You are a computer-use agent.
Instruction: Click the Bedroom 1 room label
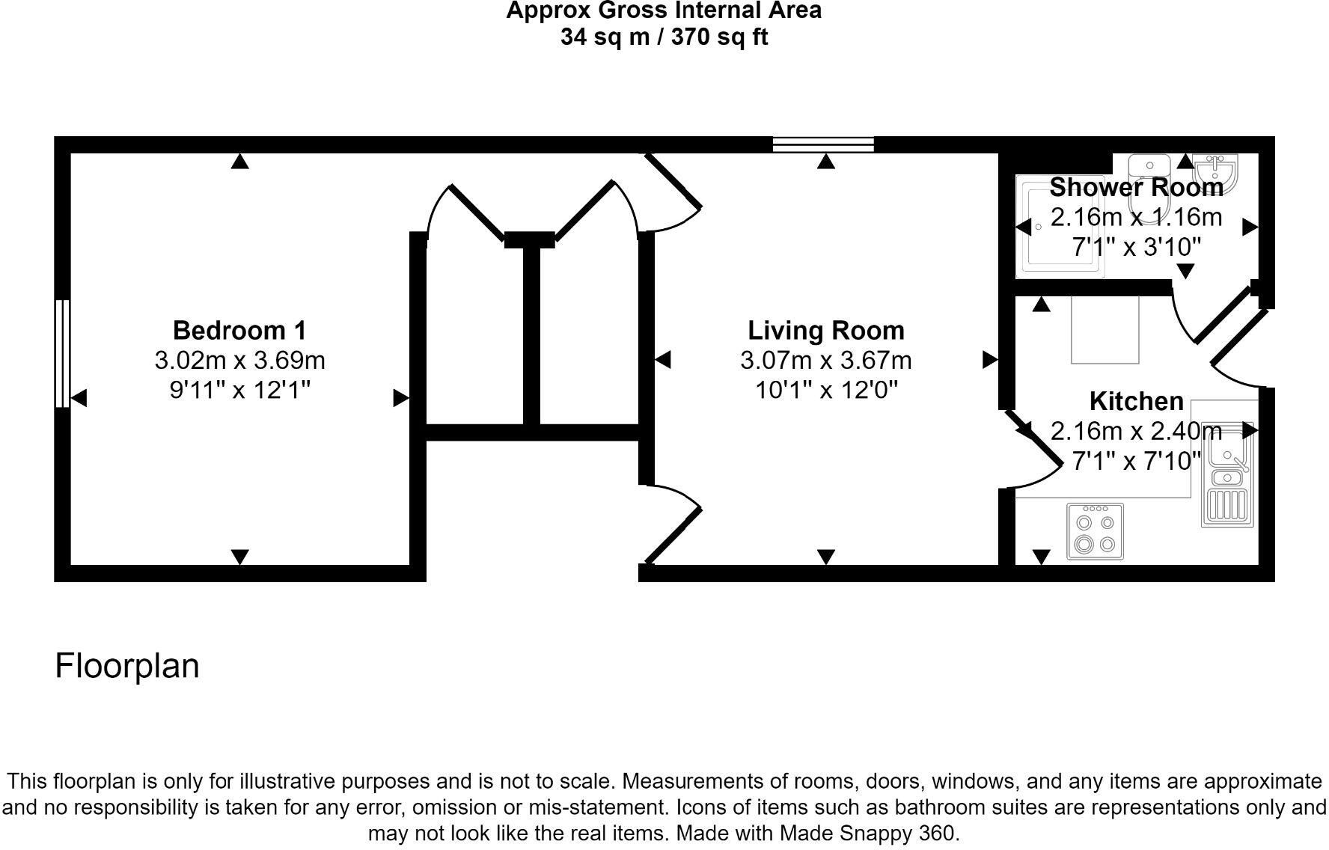click(239, 330)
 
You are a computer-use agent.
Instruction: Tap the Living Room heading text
click(825, 330)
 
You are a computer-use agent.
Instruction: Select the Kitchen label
click(1136, 401)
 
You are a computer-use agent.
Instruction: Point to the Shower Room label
click(1136, 186)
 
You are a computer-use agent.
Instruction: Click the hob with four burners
click(1095, 531)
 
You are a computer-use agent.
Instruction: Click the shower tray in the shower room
click(1059, 226)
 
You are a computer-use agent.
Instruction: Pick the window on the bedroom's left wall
click(62, 353)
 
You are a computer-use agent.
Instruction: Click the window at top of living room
click(823, 144)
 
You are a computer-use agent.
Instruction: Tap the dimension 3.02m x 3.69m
click(239, 360)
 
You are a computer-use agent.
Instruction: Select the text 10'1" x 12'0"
click(825, 390)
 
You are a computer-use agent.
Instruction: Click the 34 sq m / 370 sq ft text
click(664, 37)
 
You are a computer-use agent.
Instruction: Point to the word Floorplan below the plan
click(127, 665)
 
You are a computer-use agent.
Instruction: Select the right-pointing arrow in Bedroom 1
click(401, 398)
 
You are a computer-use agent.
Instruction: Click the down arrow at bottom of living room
click(825, 557)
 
